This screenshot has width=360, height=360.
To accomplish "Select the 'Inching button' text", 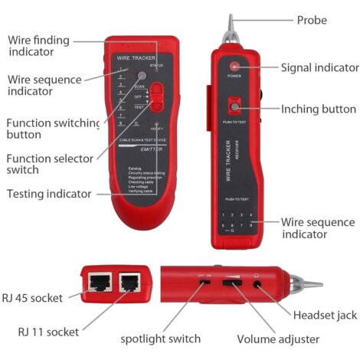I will [318, 109].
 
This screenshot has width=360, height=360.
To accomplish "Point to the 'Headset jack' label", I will [325, 315].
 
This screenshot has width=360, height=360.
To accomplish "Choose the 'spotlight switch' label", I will [161, 338].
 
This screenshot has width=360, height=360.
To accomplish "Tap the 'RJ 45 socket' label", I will [32, 297].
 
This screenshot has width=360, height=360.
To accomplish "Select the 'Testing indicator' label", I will [47, 194].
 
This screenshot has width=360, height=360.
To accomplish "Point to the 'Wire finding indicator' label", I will [42, 45].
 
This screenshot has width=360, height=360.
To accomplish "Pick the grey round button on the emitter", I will [142, 77].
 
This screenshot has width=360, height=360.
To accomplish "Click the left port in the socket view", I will [100, 285].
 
